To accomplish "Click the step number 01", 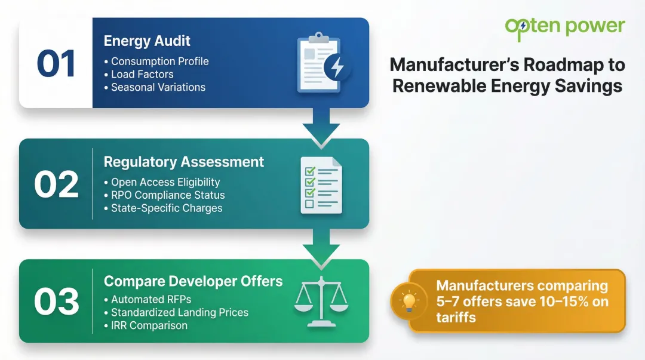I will (56, 63).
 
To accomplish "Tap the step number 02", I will (56, 184).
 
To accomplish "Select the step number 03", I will (56, 301).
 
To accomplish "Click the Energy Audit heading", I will (147, 41).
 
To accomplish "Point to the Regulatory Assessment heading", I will (184, 162).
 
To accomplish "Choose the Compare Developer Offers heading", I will (193, 281).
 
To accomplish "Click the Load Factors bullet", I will (142, 74).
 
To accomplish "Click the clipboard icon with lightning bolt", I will (322, 64).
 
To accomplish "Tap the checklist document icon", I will (321, 184).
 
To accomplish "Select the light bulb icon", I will (409, 301).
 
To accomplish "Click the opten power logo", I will (564, 27).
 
